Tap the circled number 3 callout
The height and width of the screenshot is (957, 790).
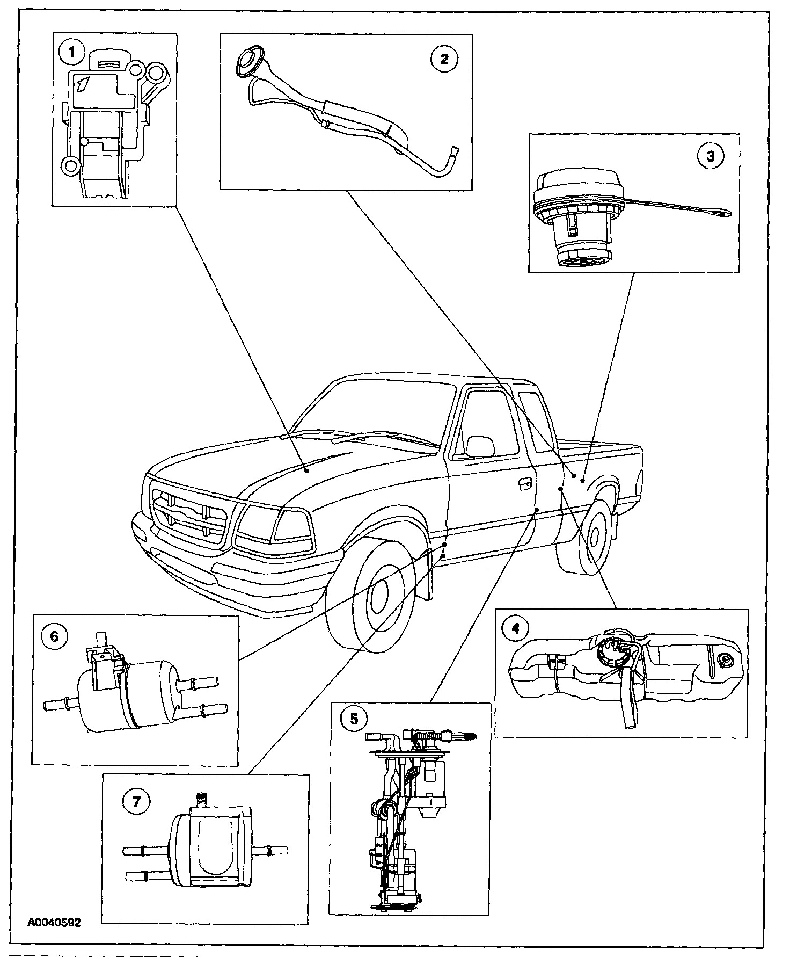tap(710, 156)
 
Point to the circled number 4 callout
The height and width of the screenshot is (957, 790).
tap(516, 628)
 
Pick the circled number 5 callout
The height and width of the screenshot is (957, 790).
tap(354, 718)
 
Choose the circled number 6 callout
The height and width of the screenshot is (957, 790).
tap(54, 635)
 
